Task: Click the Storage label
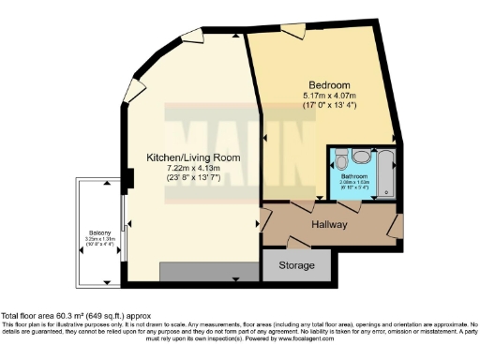(296, 265)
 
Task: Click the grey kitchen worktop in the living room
(208, 271)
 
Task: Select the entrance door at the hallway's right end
(393, 226)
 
